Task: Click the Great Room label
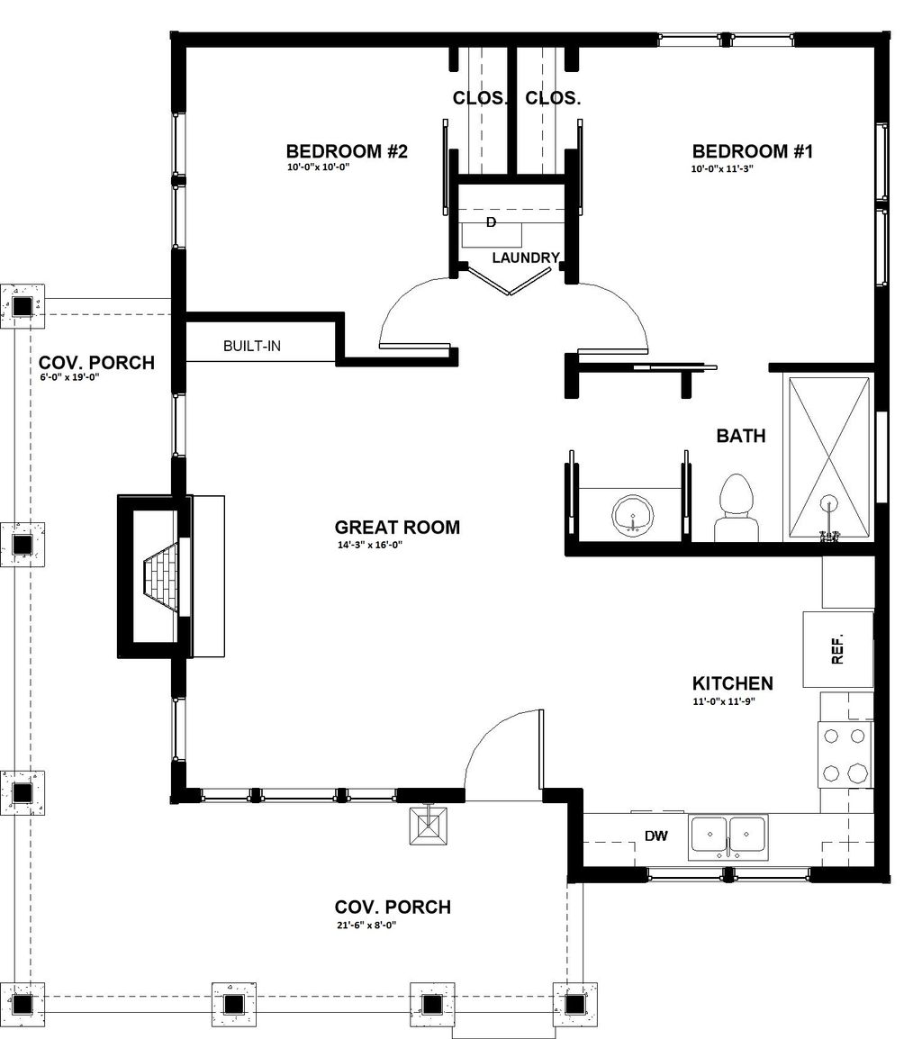coord(397,528)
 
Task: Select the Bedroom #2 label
coord(347,151)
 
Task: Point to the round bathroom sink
coord(637,515)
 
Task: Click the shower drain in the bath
coord(829,505)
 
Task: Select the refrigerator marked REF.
coord(838,649)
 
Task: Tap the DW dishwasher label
coord(656,836)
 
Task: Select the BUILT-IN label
coord(251,346)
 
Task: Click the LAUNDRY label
coord(526,257)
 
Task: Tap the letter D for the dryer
coord(491,221)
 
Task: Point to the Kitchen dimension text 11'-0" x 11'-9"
coord(722,701)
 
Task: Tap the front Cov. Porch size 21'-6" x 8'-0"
coord(366,925)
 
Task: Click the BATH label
coord(741,437)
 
